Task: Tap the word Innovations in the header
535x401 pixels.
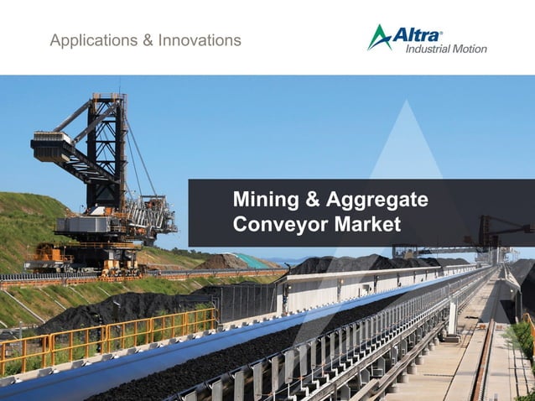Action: (201, 40)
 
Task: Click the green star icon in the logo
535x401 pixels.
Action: (379, 37)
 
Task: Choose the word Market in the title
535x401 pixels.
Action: (367, 224)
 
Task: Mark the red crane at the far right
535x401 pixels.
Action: (494, 228)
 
